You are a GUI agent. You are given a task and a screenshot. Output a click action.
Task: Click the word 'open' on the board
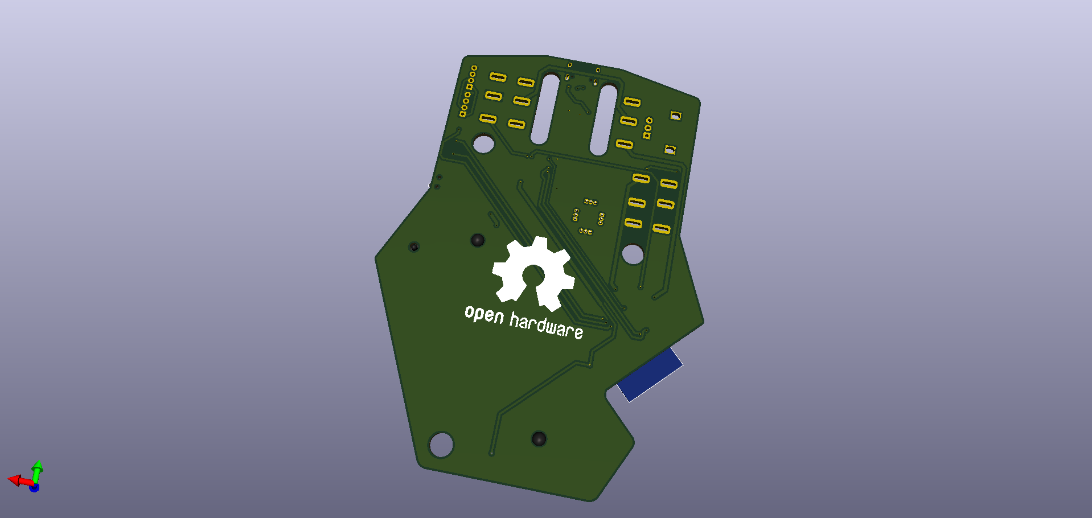484,314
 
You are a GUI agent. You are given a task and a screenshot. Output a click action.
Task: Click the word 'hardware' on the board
546,326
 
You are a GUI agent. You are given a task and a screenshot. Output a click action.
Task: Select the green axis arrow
37,470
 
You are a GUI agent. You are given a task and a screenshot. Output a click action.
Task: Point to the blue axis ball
34,487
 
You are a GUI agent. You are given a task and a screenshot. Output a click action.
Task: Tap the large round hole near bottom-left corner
441,445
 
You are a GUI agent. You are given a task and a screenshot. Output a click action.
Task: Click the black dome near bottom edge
539,439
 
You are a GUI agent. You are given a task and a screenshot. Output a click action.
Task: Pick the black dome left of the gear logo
477,240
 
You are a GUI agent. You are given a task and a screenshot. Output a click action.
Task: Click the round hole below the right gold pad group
633,254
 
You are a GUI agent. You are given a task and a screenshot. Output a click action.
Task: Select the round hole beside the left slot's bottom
483,143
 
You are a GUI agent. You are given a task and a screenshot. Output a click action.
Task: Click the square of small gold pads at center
588,217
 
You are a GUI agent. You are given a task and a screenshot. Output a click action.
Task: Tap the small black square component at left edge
414,246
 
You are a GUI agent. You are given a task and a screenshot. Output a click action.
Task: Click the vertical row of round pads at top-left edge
468,92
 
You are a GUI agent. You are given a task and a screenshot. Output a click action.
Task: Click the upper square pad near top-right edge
675,116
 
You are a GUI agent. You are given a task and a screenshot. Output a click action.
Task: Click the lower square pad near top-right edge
670,150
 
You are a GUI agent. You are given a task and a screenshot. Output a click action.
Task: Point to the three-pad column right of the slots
648,128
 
